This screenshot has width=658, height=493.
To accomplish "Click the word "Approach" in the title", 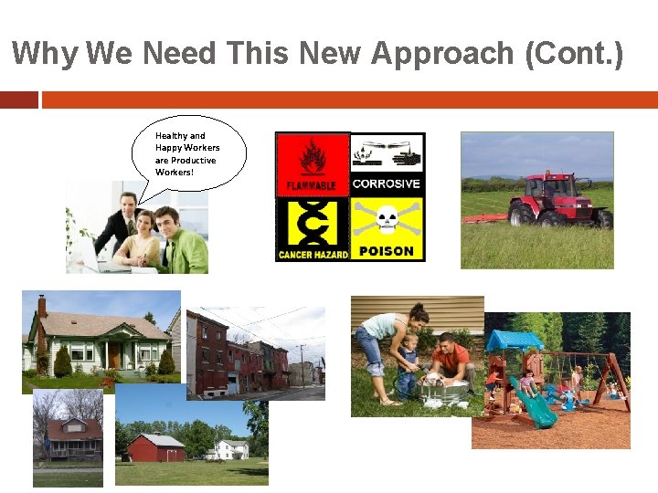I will click(x=441, y=54).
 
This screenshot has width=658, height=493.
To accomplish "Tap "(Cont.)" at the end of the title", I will click(x=575, y=54).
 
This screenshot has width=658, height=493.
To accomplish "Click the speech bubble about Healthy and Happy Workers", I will click(x=195, y=153).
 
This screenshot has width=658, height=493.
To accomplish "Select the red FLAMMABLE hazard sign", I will click(x=313, y=164).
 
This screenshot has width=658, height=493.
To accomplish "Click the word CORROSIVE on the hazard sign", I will click(x=387, y=184).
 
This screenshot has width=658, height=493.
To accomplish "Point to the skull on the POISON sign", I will click(x=387, y=218).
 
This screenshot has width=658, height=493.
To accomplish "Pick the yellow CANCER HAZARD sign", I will click(x=313, y=229).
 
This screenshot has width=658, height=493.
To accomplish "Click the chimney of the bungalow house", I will click(x=42, y=307).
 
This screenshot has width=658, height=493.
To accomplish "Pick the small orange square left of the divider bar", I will click(x=18, y=100).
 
